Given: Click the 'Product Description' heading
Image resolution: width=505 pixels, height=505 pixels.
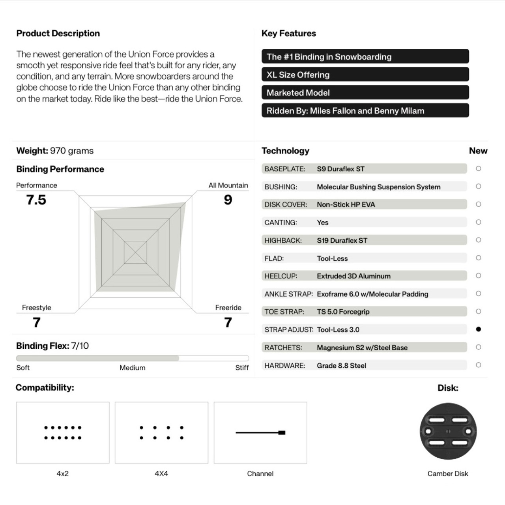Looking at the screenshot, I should [58, 34].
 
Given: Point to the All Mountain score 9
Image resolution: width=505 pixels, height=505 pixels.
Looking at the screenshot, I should [228, 200].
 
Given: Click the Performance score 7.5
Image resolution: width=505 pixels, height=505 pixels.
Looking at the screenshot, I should [36, 200].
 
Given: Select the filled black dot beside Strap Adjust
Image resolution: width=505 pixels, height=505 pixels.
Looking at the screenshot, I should [478, 329].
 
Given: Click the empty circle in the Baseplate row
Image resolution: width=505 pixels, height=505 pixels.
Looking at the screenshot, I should [478, 168].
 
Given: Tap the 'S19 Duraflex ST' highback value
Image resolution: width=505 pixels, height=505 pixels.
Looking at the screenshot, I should [342, 240].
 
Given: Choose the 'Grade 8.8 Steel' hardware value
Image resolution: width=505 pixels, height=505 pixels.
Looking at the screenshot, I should [341, 365].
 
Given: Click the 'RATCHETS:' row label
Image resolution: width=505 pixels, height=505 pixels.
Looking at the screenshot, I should [283, 348].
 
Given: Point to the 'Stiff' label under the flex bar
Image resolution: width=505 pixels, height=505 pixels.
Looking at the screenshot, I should [242, 368].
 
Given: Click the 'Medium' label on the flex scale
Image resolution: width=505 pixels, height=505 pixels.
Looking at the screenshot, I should [133, 368].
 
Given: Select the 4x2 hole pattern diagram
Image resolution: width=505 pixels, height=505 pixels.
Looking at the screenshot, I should [63, 432].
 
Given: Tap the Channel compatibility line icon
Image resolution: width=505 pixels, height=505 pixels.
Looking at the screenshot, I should [260, 432].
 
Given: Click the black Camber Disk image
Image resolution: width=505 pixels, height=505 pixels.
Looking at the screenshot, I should [448, 431].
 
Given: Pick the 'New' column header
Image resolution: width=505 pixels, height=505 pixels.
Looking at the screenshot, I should [478, 151].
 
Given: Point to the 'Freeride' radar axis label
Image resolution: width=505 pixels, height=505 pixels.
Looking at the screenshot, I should [228, 308].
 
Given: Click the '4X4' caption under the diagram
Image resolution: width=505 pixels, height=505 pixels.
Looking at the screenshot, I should [161, 473].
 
